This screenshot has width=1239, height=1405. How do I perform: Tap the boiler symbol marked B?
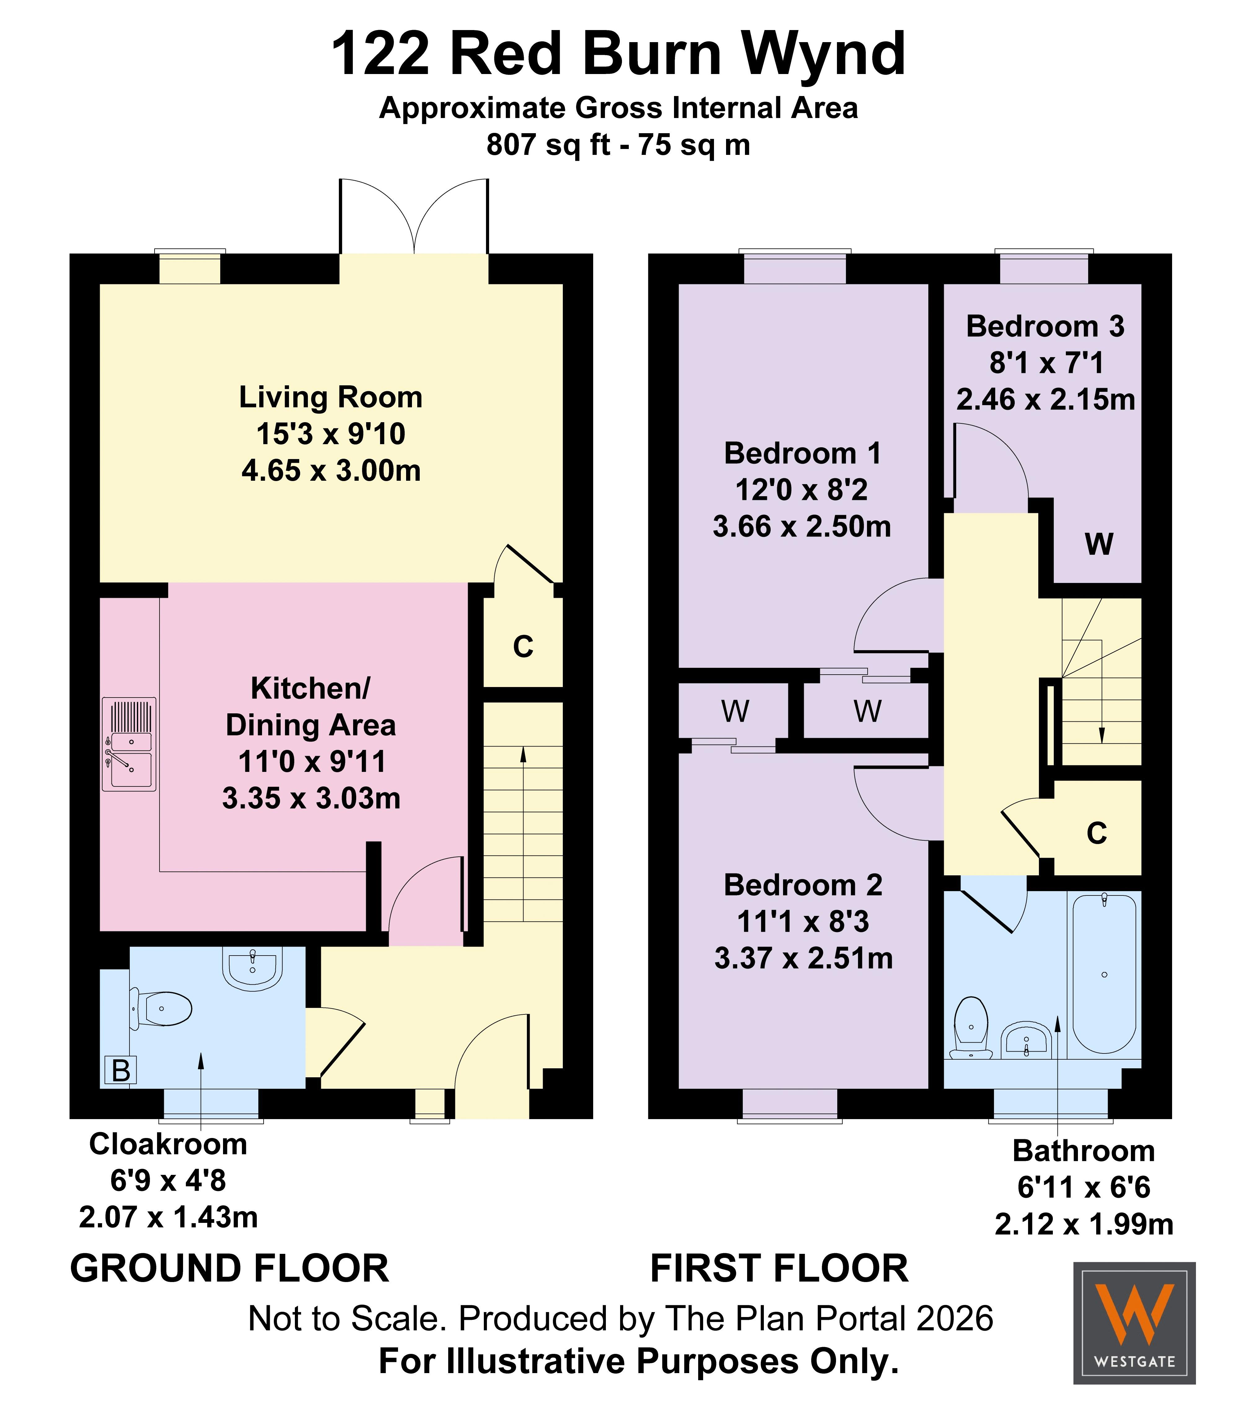click(x=120, y=1071)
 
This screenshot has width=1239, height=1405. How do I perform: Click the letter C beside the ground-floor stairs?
click(x=523, y=646)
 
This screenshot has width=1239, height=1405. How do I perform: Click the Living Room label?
click(x=331, y=397)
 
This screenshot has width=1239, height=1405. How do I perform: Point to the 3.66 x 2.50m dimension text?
click(x=802, y=527)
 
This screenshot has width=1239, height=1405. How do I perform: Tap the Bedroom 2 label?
click(x=803, y=885)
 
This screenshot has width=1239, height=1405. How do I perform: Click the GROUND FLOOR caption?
click(x=230, y=1268)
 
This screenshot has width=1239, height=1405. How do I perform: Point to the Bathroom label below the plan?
click(x=1084, y=1151)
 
